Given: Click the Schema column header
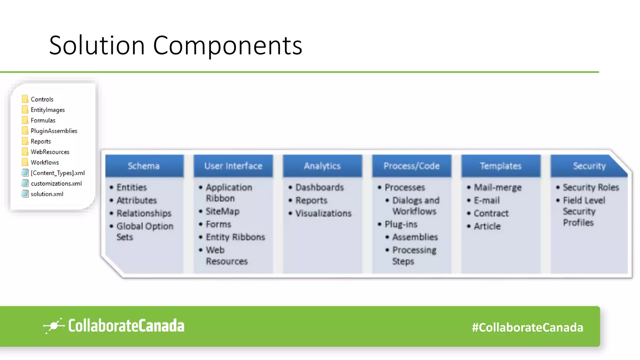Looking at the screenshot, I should coord(144,166).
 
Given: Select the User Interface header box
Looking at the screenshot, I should coord(233,166).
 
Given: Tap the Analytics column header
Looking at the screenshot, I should coord(322,166).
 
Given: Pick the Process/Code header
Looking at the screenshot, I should coord(411,166).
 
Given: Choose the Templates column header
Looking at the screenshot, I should coord(501,166).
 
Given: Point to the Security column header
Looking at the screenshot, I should coord(589,166).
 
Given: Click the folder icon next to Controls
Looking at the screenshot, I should coord(25,99).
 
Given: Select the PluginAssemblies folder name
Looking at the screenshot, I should coord(54,131).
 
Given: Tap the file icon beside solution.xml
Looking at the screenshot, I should coord(25,194).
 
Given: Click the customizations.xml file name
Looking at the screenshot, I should coord(56,183).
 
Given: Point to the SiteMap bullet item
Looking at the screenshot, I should coord(222,212).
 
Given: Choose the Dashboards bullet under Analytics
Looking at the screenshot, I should coord(319,187).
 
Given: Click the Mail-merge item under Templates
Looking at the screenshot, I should coord(497,187).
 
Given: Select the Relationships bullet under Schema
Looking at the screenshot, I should coord(144,213).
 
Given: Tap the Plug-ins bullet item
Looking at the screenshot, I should coord(401,224).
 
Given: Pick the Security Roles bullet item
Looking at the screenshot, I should coord(591,187).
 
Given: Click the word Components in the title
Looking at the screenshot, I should coord(227,46).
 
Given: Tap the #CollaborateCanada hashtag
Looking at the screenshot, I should coord(527,327).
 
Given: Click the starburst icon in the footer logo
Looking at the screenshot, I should coord(54,326).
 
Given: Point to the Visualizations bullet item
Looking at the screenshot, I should coord(323,213).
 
